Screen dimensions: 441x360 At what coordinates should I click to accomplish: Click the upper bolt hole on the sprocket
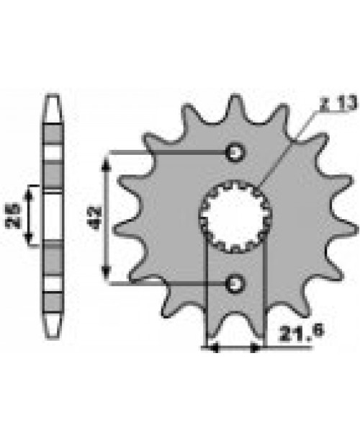point(234,153)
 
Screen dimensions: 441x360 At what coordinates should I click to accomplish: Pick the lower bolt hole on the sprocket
point(234,283)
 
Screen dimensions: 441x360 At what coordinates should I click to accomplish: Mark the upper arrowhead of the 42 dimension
point(109,158)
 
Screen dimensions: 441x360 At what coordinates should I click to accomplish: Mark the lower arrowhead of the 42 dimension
point(109,276)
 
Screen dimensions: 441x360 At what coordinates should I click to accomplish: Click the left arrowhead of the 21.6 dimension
point(212,348)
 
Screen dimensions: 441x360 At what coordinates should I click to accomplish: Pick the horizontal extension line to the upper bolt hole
point(166,153)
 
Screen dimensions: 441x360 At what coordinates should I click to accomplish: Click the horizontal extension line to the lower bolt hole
point(166,283)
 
